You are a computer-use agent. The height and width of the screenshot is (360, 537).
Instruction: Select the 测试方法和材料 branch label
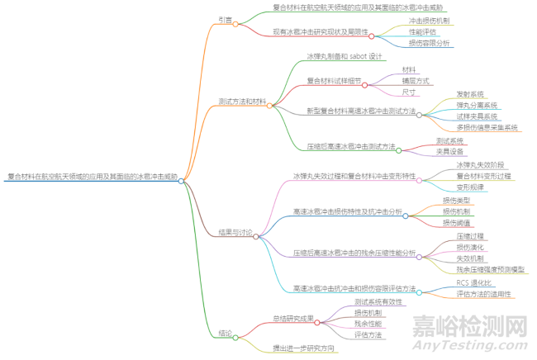click(242, 102)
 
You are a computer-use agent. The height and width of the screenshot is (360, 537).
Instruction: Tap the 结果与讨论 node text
click(235, 233)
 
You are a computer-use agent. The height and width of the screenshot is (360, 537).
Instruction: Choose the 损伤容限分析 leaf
click(429, 42)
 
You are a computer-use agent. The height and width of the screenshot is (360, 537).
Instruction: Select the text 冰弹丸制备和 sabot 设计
click(344, 56)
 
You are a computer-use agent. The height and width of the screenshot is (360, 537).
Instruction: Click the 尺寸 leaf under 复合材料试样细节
click(409, 92)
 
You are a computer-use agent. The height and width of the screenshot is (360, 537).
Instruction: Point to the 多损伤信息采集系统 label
click(487, 128)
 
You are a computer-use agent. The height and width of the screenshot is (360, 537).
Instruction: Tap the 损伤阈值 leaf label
click(457, 222)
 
